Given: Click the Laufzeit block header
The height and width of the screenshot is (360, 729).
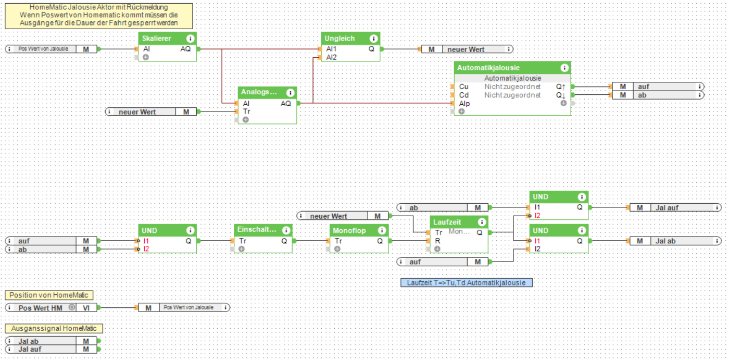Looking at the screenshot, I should [x=447, y=222].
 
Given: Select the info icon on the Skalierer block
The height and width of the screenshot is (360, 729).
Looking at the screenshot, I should [x=190, y=39].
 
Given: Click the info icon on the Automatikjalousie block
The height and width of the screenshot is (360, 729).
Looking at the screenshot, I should [x=564, y=68].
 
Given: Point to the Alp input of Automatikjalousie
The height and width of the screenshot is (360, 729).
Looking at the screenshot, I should [x=464, y=104].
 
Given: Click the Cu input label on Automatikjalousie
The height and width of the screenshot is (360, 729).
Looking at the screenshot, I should [x=463, y=86].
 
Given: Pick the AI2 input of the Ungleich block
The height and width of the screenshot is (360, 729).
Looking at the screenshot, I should [x=331, y=57].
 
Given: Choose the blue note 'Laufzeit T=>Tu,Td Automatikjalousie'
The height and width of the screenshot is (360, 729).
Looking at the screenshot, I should [x=467, y=283].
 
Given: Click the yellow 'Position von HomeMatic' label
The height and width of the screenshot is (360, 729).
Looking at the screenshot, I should [x=49, y=295].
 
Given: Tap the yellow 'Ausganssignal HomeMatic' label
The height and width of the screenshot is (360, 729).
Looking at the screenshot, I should [x=54, y=329].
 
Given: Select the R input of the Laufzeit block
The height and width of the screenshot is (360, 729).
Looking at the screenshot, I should [x=438, y=241].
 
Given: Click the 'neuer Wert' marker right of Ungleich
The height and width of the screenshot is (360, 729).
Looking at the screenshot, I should [x=466, y=49].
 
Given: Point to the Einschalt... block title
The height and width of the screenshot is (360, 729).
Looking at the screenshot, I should [x=255, y=230].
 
